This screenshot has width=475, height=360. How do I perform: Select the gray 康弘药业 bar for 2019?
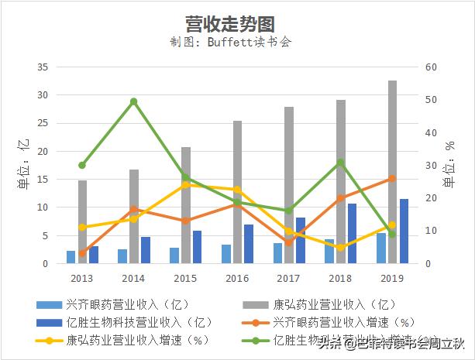[x=392, y=172]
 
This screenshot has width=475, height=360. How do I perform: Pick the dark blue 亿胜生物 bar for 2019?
[x=404, y=231]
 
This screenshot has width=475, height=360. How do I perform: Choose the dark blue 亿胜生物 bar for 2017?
[x=301, y=240]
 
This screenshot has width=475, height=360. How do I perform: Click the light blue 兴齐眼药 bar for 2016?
[x=225, y=254]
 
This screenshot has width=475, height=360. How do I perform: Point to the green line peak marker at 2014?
[x=133, y=101]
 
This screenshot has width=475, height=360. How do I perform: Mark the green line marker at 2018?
[x=340, y=163]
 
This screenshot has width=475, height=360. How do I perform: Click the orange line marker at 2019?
[x=392, y=179]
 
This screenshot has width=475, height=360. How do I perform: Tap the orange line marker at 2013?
[x=82, y=253]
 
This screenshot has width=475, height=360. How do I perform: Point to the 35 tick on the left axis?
[x=43, y=67]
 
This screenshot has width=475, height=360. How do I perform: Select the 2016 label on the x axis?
[x=236, y=278]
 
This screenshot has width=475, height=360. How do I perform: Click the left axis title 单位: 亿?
[x=23, y=164]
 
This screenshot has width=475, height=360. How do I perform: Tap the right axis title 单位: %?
[x=450, y=165]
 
